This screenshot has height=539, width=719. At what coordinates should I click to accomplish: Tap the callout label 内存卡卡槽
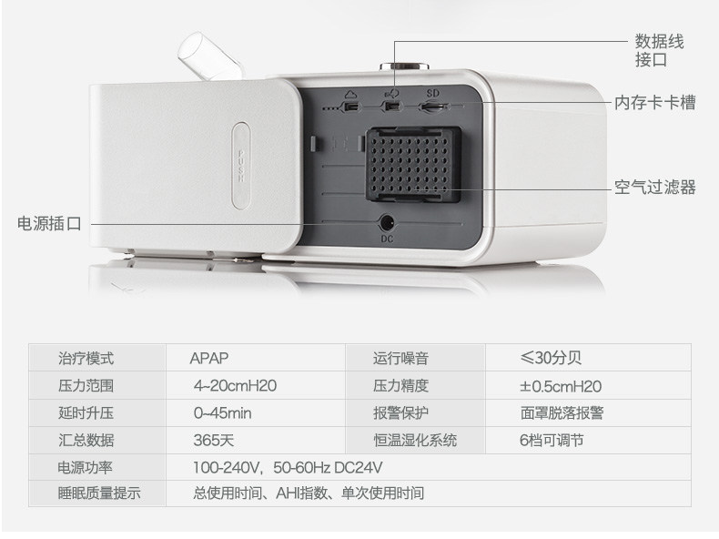pos(655,103)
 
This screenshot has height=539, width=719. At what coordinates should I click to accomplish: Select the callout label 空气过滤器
pos(655,188)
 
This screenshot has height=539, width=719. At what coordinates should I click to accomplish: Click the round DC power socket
pos(388,221)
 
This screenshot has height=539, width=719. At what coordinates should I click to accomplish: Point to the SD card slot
pos(431,107)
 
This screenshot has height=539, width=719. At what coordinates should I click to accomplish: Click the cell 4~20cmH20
pos(235,386)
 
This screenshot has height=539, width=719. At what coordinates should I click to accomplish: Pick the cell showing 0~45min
pos(222,413)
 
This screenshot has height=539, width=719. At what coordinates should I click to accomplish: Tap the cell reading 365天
pos(214,441)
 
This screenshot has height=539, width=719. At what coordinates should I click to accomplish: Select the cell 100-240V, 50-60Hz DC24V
pos(287,468)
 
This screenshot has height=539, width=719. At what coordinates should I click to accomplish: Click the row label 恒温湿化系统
pos(415,441)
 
